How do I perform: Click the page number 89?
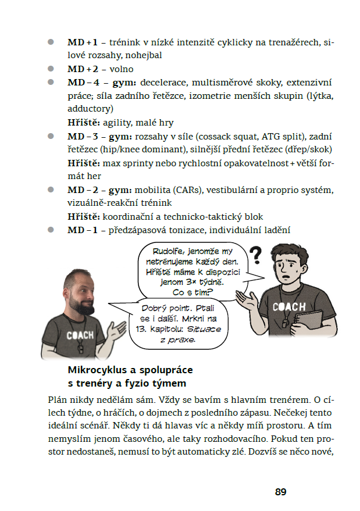(281, 492)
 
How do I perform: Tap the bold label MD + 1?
(83, 42)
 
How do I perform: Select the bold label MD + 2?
(83, 69)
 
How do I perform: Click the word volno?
(122, 69)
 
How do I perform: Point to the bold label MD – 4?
(83, 83)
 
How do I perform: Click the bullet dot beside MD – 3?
(51, 136)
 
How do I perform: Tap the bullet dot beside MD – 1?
(51, 230)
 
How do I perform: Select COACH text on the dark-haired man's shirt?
(289, 307)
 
